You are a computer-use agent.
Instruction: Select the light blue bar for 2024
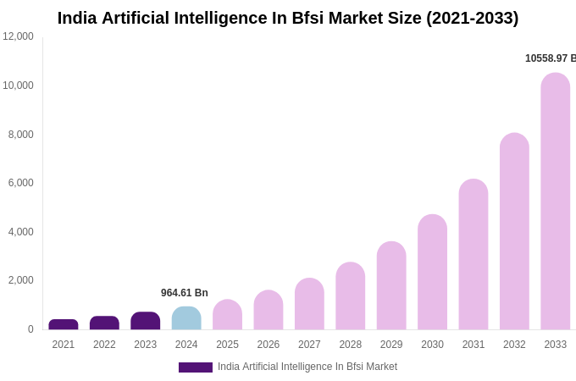tap(186, 318)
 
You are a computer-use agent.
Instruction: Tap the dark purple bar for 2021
tap(64, 324)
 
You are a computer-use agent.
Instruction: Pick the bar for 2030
tap(432, 272)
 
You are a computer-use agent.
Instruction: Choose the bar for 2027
tap(309, 304)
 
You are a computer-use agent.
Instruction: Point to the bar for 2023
tap(146, 321)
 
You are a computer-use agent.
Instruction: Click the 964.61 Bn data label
tap(185, 293)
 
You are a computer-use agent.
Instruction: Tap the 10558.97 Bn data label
tap(550, 58)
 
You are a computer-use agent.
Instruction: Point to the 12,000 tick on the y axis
tap(18, 36)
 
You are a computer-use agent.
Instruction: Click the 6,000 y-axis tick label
tap(20, 183)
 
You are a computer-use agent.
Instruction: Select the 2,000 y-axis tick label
tap(20, 280)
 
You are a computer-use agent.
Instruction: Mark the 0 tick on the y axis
tap(30, 329)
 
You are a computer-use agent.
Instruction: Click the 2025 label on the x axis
tap(227, 345)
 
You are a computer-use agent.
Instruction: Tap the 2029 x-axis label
tap(391, 345)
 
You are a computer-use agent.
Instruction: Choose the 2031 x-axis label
tap(474, 345)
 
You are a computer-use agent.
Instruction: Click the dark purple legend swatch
tap(196, 367)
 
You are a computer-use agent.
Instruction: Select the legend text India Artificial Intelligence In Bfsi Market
tap(307, 367)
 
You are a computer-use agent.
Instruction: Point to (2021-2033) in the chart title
tap(472, 18)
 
